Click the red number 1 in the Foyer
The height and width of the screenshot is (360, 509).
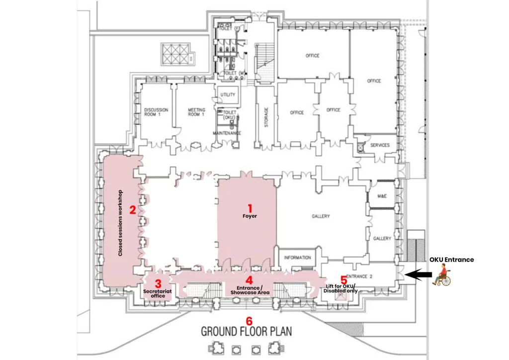pos(250,208)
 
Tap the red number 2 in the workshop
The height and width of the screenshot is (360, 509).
pos(132,210)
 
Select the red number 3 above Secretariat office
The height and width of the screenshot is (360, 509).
pos(158,284)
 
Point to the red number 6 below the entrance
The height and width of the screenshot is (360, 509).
pos(249,321)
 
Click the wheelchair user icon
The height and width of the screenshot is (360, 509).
pos(441,275)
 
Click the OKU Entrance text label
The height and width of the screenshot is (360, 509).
pos(451,260)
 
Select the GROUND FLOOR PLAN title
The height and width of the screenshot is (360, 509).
pos(247,332)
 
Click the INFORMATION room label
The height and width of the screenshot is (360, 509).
pos(297,258)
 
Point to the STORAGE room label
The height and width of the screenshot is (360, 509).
pos(266,117)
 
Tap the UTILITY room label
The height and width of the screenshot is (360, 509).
pos(228,94)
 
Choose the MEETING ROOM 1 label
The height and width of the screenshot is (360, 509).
pos(196,112)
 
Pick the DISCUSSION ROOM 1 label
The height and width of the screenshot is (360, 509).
pos(156,112)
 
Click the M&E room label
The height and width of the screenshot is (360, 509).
pos(382,196)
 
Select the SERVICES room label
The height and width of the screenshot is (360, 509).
pos(380,145)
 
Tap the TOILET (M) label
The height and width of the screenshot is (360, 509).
pos(235,74)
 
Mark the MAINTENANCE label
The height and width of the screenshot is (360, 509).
pos(227,133)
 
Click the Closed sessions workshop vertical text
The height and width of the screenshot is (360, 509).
pos(120,223)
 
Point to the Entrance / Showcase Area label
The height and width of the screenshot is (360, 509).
pos(250,290)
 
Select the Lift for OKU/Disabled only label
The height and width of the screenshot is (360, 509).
pos(340,288)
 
